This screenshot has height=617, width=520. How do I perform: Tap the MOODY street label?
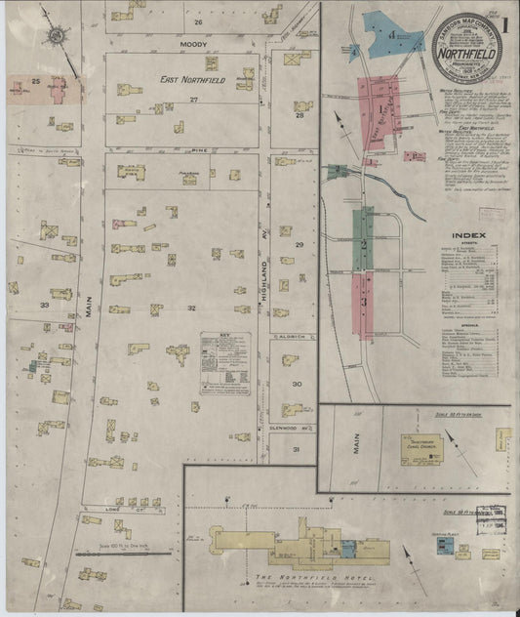pyautogui.click(x=193, y=45)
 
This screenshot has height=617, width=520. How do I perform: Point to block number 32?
pyautogui.click(x=192, y=308)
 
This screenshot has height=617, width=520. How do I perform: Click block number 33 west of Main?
pyautogui.click(x=44, y=306)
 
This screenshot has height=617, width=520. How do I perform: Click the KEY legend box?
pyautogui.click(x=225, y=363)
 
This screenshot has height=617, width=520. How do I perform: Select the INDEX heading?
pyautogui.click(x=463, y=235)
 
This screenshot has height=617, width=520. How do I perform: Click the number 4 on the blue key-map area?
pyautogui.click(x=391, y=34)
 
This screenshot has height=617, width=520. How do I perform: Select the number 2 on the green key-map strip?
pyautogui.click(x=363, y=242)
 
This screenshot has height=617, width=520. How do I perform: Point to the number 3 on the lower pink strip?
pyautogui.click(x=363, y=302)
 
